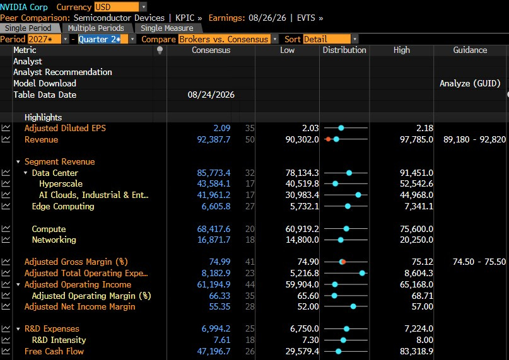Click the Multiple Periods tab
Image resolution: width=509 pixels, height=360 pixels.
(x=96, y=28)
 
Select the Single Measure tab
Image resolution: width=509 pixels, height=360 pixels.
(x=167, y=28)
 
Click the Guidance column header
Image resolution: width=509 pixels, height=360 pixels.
(x=470, y=50)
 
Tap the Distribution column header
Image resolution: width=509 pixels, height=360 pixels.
(x=344, y=50)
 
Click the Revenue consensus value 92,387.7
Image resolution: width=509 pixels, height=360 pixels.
(x=214, y=139)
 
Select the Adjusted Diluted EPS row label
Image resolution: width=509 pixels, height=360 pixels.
(x=65, y=128)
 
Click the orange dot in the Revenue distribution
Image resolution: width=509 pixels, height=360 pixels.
(x=328, y=139)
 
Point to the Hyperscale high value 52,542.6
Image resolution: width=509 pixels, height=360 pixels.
(x=416, y=183)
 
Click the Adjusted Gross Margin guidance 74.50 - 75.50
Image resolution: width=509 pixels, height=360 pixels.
(x=479, y=262)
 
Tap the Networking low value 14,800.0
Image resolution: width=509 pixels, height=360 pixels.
(x=302, y=240)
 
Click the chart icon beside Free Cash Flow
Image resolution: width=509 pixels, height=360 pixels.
(x=6, y=351)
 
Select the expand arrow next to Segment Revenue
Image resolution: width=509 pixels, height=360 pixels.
(x=18, y=161)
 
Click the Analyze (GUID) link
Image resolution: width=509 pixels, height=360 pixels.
(x=470, y=83)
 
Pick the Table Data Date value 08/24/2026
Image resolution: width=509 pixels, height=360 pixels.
(x=211, y=95)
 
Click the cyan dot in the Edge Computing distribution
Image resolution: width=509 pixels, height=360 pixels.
(x=348, y=206)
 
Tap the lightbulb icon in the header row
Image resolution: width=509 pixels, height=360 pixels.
(x=160, y=50)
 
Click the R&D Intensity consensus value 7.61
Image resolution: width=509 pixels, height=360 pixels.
(x=222, y=340)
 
